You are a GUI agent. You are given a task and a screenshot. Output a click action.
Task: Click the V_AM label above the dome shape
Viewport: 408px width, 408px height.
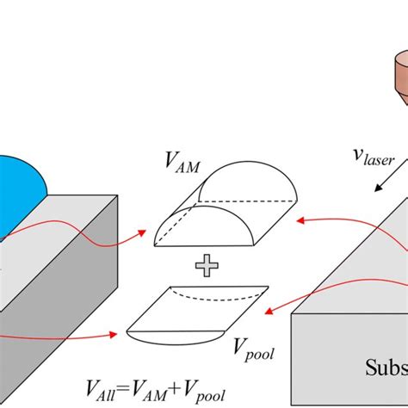coord(182,164)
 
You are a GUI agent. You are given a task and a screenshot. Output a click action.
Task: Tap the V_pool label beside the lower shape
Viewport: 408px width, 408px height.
coord(254,349)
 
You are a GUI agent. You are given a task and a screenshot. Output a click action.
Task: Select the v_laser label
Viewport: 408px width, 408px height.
coord(374,158)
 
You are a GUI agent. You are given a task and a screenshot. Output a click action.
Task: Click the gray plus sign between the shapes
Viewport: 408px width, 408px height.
coord(207,265)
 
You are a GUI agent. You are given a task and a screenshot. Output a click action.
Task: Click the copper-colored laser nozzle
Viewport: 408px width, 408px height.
coord(400,76)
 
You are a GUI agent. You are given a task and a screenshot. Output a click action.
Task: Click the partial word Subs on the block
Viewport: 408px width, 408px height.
coord(386,367)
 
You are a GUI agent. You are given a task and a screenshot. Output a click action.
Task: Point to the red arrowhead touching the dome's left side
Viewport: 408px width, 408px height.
coord(142,232)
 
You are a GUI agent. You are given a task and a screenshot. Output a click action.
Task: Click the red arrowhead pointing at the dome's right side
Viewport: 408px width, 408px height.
coord(300,220)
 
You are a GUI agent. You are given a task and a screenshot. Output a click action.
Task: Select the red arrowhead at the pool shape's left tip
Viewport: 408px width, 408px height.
coord(113,334)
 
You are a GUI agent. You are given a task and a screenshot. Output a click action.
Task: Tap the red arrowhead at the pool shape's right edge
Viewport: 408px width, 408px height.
coord(269,312)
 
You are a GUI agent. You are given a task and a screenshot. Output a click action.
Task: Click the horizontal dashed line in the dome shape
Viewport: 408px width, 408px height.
coord(247,201)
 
